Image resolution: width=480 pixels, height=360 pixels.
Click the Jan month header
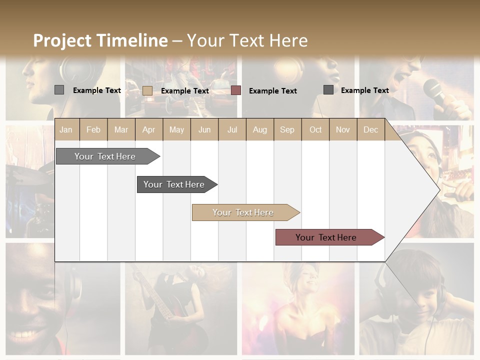66,129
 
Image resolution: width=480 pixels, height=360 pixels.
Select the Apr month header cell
148,129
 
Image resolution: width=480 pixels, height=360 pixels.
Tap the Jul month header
232,129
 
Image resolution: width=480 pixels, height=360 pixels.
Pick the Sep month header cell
287,129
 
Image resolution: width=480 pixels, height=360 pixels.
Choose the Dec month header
370,129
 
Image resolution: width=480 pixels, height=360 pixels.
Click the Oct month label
315,129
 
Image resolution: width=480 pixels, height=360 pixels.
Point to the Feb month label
93,129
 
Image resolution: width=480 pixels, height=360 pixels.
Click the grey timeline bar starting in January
105,156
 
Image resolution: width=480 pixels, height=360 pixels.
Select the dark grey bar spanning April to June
174,184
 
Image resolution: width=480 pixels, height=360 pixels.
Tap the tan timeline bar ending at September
243,212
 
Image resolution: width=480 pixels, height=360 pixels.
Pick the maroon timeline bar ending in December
326,237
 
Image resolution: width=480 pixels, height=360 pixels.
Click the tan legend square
147,90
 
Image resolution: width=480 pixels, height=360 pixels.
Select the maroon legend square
236,90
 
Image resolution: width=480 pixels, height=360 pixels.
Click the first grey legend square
59,90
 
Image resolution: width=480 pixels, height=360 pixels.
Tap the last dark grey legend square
328,90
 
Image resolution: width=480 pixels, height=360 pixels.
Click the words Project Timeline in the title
100,40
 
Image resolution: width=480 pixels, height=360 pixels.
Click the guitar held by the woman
155,300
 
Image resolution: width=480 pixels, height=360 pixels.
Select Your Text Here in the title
247,40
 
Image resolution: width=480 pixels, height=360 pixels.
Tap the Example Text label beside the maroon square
272,91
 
